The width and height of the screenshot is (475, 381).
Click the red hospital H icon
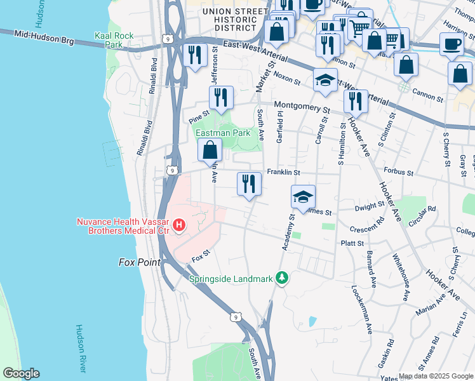click(180, 225)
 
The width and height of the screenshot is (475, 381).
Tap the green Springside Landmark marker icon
click(281, 278)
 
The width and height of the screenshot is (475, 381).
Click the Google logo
click(21, 374)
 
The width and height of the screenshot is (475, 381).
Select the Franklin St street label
click(283, 172)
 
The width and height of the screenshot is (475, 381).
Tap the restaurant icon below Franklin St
click(249, 184)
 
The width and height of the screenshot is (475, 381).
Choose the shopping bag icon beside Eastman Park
click(210, 150)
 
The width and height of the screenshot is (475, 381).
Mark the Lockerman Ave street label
click(361, 309)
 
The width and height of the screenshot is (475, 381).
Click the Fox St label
click(201, 257)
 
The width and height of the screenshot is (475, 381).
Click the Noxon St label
click(288, 77)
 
